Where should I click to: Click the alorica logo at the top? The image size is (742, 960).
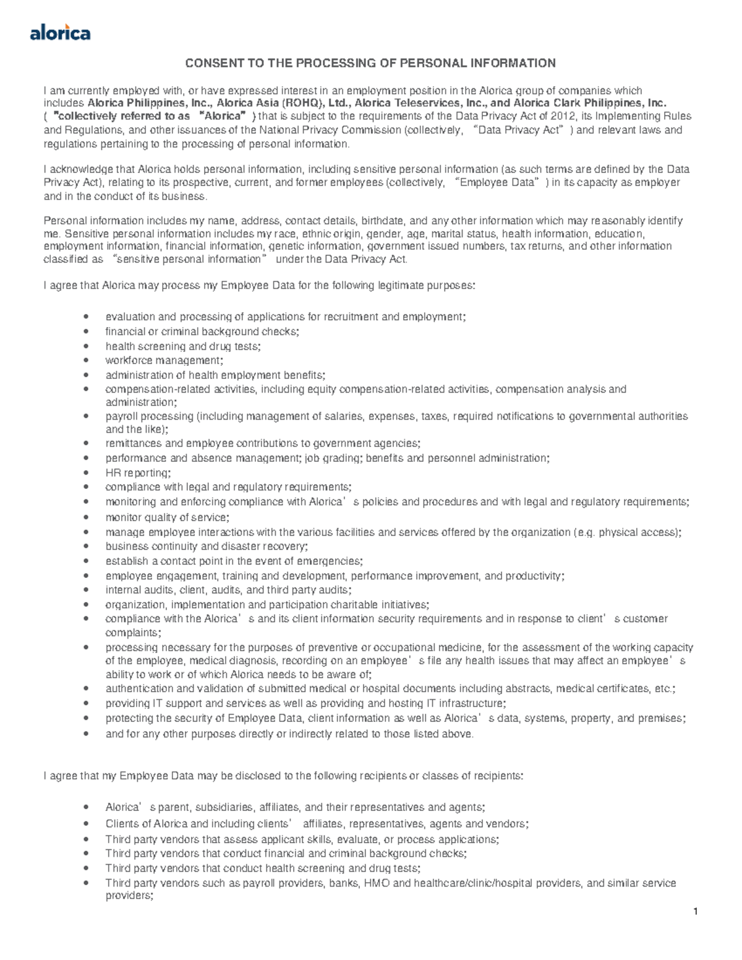click(x=60, y=32)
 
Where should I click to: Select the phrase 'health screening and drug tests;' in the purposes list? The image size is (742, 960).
click(x=183, y=346)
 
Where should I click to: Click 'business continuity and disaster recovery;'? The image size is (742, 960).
click(x=207, y=546)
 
